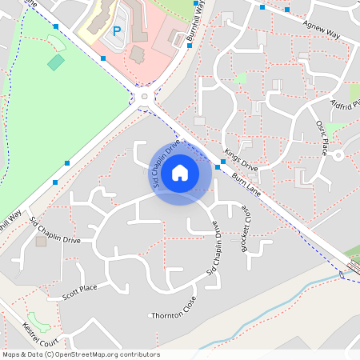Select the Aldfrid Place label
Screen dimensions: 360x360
[344, 105]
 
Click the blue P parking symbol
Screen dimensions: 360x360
[116, 31]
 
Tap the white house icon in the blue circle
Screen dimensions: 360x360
[180, 173]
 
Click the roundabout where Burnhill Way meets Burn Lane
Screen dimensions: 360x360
[145, 98]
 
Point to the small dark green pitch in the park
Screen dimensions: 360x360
[55, 62]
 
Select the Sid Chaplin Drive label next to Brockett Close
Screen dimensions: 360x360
[215, 250]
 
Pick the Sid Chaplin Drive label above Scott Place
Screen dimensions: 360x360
[55, 230]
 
